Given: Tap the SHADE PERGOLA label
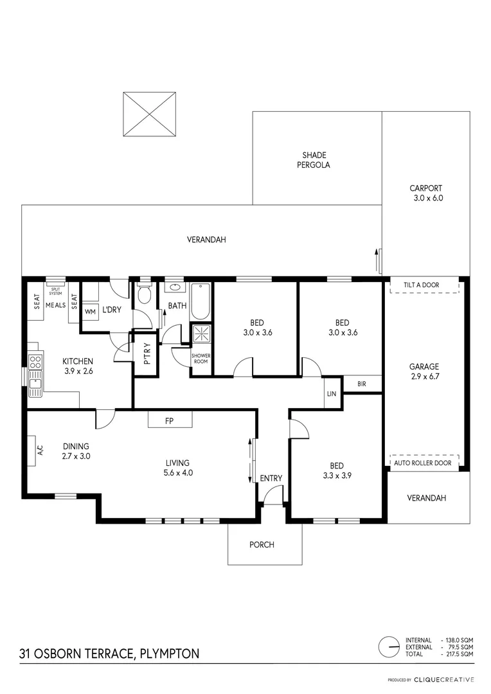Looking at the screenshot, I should click(315, 160).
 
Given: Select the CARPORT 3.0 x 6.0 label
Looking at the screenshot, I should click(427, 193).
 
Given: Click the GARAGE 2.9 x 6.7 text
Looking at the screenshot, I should click(425, 373).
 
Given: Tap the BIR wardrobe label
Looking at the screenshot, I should click(362, 384).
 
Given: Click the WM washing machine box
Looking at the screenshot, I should click(90, 311).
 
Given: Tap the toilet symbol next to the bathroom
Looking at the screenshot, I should click(145, 295).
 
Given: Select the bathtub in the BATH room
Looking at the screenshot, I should click(200, 301).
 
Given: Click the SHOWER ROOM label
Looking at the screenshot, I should click(201, 359).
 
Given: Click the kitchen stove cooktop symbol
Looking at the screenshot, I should click(35, 361).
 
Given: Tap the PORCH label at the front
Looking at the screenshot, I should click(262, 545).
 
